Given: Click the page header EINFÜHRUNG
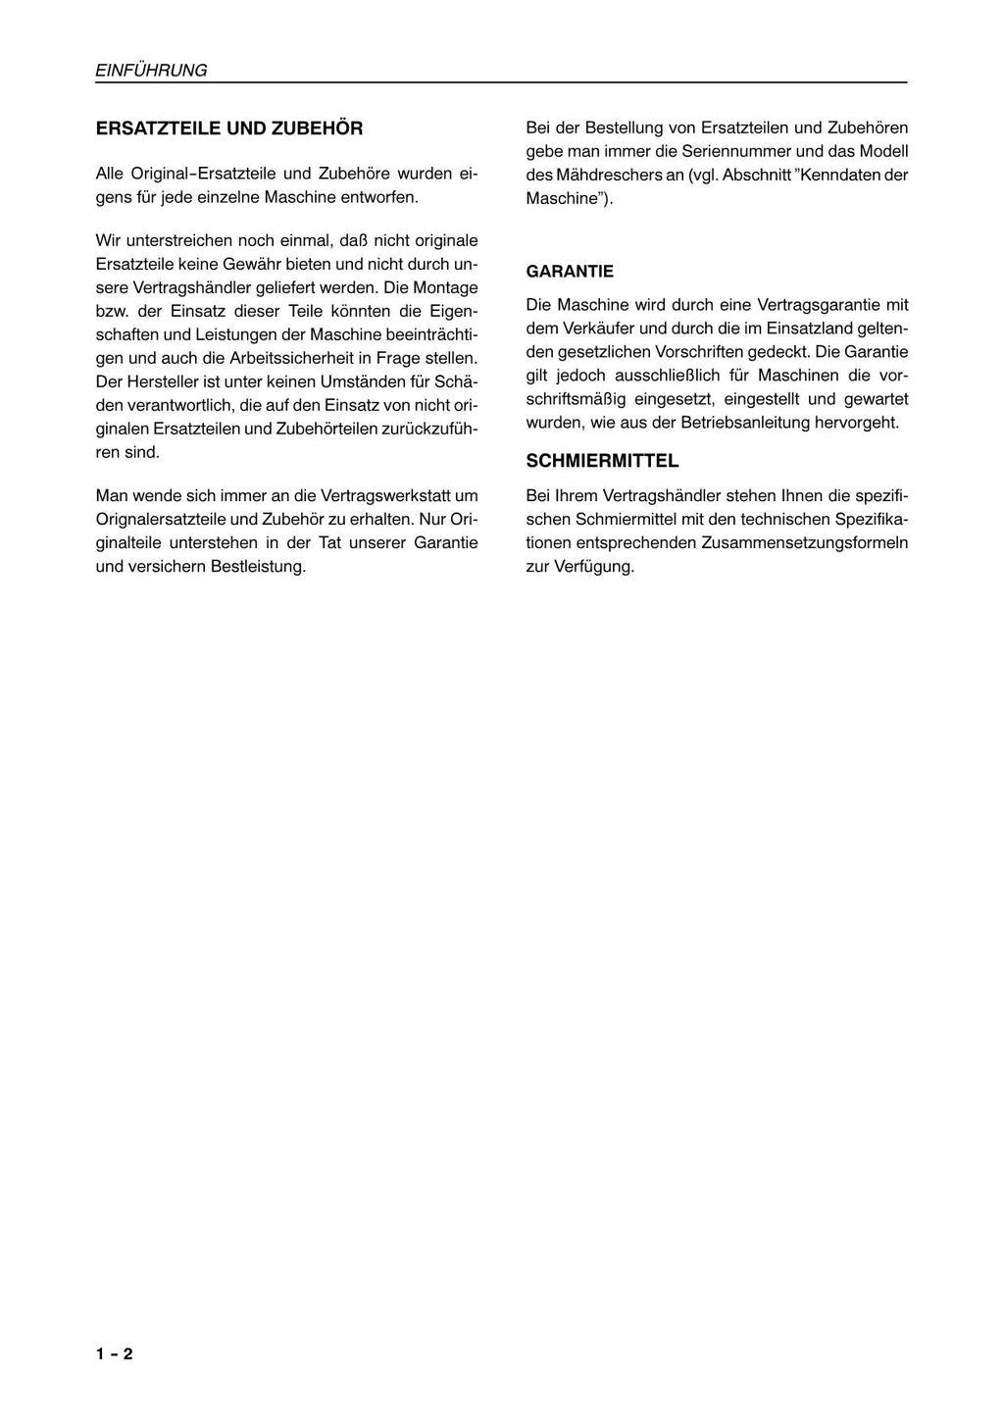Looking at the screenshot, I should point(151,71).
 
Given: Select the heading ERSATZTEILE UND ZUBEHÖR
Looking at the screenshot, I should point(228,128).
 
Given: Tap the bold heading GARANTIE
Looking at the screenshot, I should point(570,272).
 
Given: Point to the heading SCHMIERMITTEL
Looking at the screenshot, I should point(602,461).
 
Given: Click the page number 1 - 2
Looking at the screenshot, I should point(114,1354).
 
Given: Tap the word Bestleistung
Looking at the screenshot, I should point(258,566).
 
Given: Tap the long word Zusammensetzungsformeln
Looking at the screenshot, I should point(804,542).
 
